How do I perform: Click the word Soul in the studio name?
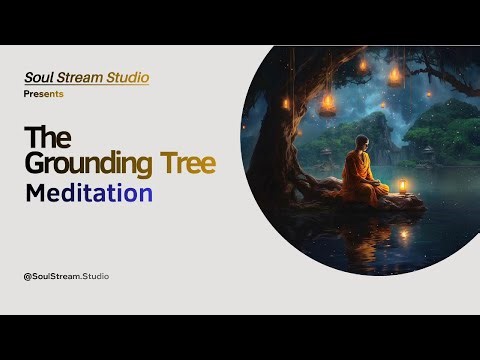click(x=39, y=76)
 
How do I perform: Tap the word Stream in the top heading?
click(x=81, y=76)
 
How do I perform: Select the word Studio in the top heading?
click(x=129, y=76)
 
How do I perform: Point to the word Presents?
click(x=44, y=93)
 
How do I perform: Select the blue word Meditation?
click(x=88, y=192)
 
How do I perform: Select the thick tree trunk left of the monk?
click(x=290, y=150)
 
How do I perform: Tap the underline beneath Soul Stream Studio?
click(x=86, y=85)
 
